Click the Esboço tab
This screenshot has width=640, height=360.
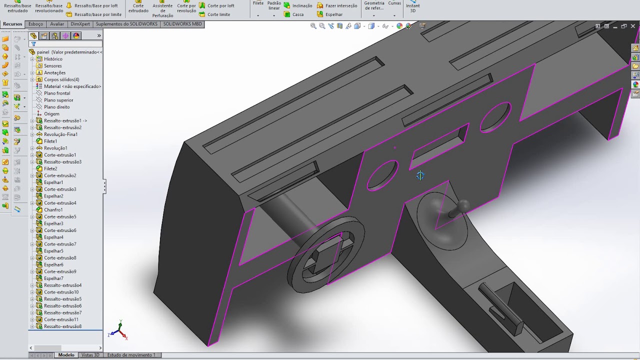pos(35,24)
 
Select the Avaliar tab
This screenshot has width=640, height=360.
pos(57,24)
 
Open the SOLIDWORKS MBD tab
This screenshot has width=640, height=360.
pos(182,24)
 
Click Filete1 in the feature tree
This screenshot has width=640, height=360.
pos(50,141)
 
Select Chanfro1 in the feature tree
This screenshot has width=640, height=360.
pos(53,209)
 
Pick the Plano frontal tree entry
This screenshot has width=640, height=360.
pos(57,93)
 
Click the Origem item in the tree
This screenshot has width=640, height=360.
pos(51,113)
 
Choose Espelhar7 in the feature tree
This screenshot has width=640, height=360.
pos(53,278)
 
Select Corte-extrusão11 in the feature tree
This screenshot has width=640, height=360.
pos(61,319)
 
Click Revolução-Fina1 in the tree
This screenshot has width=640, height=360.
pos(60,134)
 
